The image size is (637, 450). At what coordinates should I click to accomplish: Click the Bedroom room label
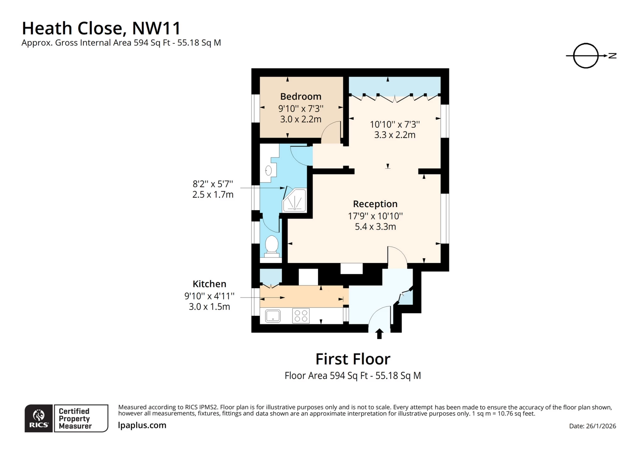coord(300,96)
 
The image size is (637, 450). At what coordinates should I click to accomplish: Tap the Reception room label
coord(375,204)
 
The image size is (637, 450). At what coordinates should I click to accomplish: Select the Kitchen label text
coord(209,284)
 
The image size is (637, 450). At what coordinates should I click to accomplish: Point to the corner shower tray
coord(295,200)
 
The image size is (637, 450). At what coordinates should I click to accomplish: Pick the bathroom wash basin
coord(268,171)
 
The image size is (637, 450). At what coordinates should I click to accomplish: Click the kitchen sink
coord(273,316)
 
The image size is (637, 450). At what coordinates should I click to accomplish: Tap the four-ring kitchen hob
coord(301,316)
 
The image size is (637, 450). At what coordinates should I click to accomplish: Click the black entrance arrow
coord(379,334)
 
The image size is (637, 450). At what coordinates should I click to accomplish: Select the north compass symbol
coord(586,56)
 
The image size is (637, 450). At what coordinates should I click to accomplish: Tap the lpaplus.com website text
coord(142,425)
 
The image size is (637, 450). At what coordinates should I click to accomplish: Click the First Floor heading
coord(353,359)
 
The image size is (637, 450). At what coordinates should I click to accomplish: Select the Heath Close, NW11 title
coord(101,28)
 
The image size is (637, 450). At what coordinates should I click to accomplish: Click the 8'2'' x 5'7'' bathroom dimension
coord(213,184)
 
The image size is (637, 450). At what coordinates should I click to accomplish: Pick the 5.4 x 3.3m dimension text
coord(375,227)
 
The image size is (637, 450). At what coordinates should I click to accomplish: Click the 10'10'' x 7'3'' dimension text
coord(394,124)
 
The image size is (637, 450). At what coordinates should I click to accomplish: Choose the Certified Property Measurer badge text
coord(75,419)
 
